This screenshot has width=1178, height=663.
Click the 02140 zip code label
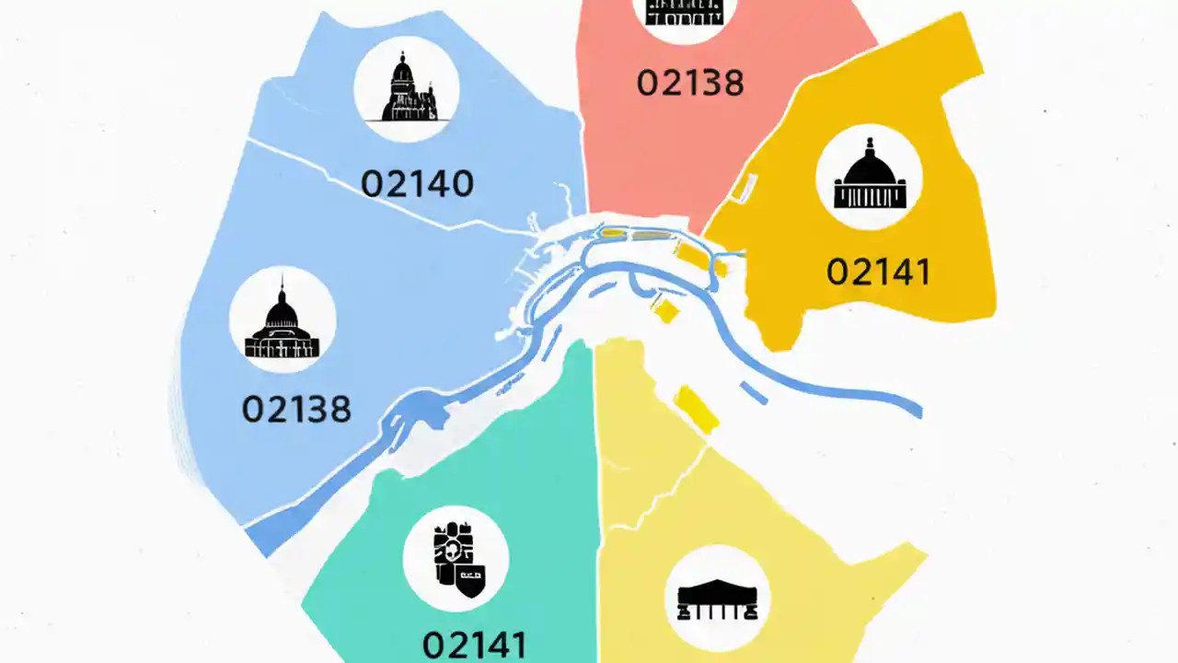pyautogui.click(x=417, y=183)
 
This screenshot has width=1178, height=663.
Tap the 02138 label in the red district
pyautogui.click(x=689, y=83)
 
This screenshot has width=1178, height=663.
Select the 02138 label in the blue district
pyautogui.click(x=296, y=408)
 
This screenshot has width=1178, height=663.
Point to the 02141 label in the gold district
pyautogui.click(x=878, y=272)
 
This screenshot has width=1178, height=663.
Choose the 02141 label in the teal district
pyautogui.click(x=474, y=643)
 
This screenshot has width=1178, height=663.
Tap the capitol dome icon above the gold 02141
pyautogui.click(x=870, y=177)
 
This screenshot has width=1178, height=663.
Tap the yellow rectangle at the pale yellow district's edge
pyautogui.click(x=697, y=409)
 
